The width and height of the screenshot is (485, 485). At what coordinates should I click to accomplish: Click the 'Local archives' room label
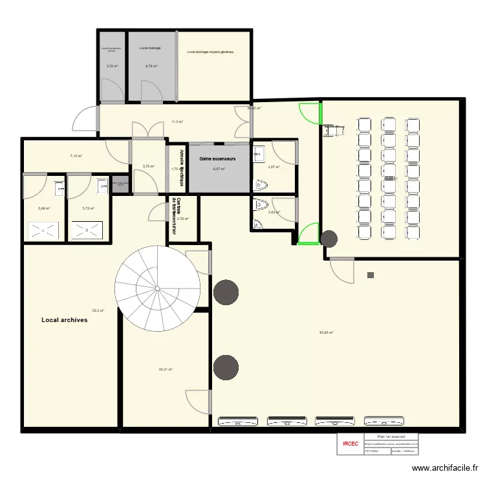click(64, 320)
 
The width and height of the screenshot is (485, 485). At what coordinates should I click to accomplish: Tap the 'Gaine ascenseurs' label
click(217, 158)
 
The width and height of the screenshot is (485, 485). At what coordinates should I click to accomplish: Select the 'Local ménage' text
click(150, 48)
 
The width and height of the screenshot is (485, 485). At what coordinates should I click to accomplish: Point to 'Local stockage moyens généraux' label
click(210, 52)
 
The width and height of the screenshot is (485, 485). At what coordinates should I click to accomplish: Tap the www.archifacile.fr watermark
click(446, 469)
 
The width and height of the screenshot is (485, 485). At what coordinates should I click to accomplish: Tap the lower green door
click(309, 233)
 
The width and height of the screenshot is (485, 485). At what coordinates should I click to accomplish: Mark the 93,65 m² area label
click(326, 333)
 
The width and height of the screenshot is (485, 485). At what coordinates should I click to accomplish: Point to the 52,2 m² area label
click(98, 310)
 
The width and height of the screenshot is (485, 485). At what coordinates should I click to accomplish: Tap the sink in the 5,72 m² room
click(102, 186)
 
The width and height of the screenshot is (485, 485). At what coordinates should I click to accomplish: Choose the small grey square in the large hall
click(370, 275)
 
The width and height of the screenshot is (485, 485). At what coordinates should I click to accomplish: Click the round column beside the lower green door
click(329, 239)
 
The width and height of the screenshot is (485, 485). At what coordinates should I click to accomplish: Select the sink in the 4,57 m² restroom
click(260, 153)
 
